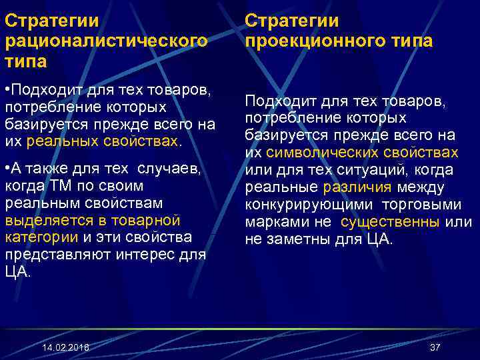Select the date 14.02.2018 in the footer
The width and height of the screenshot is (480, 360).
coord(65,348)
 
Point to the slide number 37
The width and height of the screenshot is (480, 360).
coord(435,347)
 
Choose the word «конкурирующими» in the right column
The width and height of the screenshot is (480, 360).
coord(301,205)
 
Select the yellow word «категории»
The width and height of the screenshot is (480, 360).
coord(41,237)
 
